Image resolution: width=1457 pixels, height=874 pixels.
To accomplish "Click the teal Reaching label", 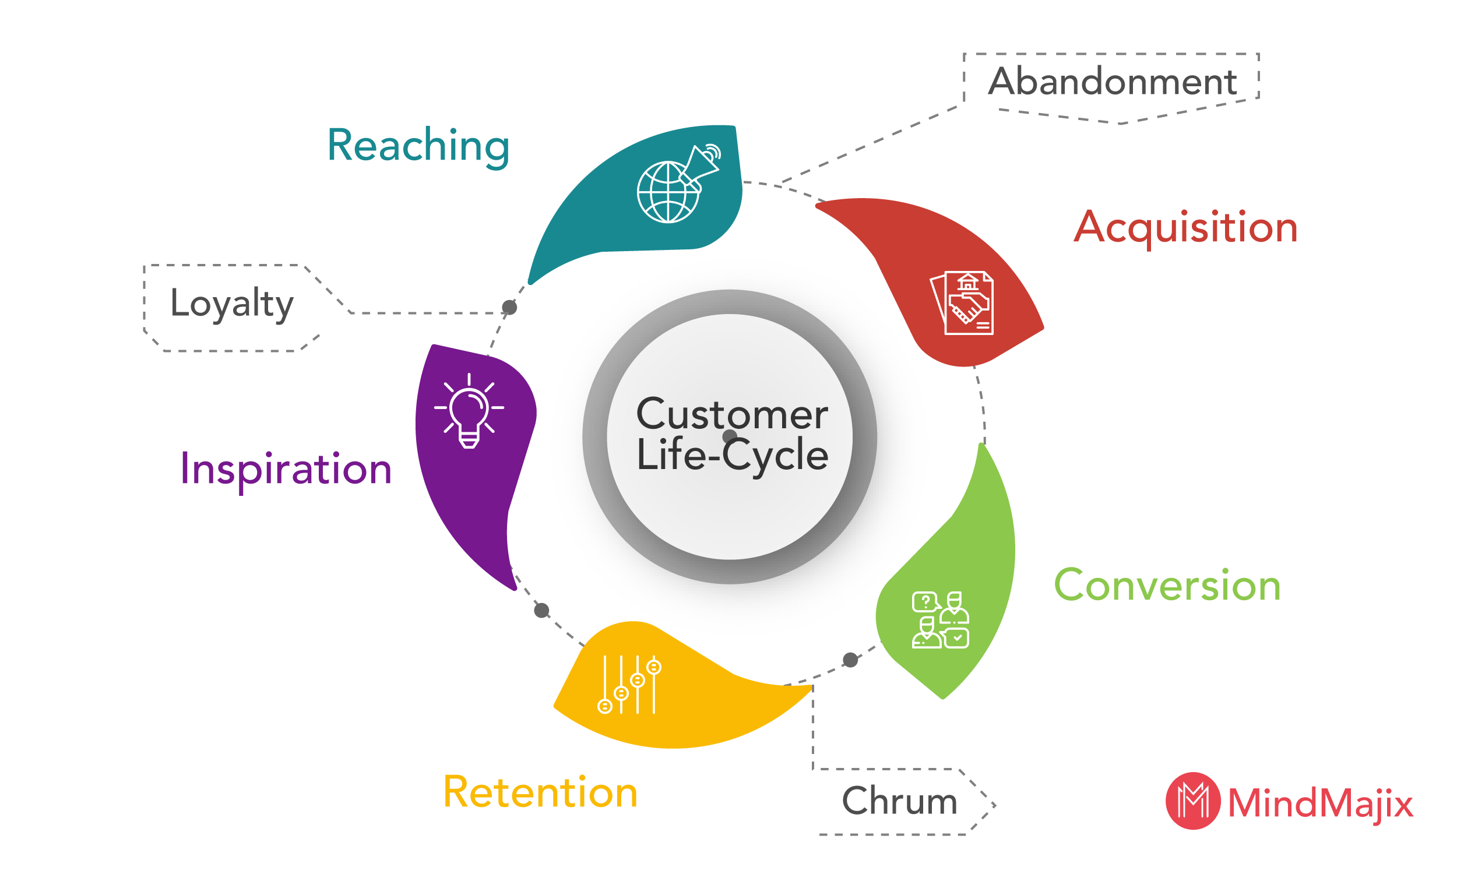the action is click(418, 146).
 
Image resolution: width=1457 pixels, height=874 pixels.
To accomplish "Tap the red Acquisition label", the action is click(1185, 228).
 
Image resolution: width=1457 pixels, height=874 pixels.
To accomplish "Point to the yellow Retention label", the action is click(540, 792).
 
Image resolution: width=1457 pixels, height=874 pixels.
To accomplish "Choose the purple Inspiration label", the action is click(286, 470).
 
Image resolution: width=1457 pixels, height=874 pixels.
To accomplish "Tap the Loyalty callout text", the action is click(232, 304).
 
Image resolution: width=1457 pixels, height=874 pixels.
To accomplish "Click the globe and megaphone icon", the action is click(679, 183).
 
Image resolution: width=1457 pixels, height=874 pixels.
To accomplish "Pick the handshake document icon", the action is click(962, 303).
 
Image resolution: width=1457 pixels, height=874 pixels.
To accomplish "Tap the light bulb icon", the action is click(469, 411).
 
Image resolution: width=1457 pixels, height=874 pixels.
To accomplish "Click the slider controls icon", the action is click(629, 685).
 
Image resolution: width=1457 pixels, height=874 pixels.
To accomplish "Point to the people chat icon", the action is click(941, 620).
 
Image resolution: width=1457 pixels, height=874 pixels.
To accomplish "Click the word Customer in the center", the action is click(732, 415).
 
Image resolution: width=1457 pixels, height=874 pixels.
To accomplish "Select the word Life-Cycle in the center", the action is click(732, 454).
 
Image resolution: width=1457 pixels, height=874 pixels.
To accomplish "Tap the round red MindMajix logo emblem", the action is click(1193, 801).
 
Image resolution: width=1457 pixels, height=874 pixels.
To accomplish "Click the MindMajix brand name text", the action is click(1321, 804).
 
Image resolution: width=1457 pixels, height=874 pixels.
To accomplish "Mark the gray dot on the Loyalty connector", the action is click(509, 307).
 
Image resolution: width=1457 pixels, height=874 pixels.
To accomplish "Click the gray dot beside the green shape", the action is click(850, 660).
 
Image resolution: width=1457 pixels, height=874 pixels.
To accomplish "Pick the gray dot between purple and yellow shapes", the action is click(542, 610).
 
